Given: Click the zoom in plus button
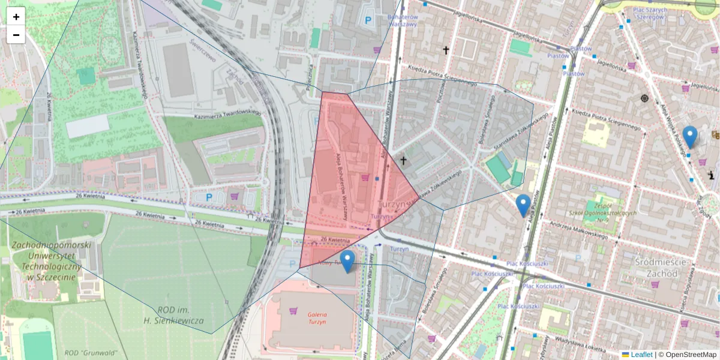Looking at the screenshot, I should [x=16, y=17].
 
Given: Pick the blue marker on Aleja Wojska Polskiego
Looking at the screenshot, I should [x=690, y=137].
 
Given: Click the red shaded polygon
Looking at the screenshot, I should [x=342, y=180].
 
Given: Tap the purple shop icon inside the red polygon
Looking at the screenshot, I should [x=366, y=178].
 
